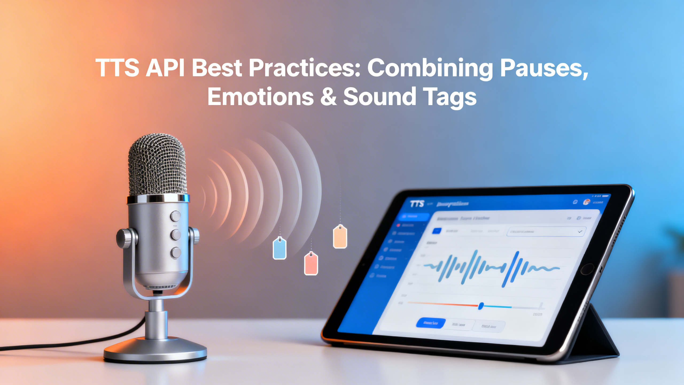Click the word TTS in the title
tap(117, 68)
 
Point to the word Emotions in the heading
tap(261, 97)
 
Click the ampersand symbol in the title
tap(328, 97)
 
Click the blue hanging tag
tap(279, 249)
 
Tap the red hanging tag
tap(311, 264)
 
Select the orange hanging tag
tap(340, 237)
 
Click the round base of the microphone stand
tap(155, 351)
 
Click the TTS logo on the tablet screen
tap(417, 204)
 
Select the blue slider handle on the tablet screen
tap(481, 306)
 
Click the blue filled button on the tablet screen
tap(431, 324)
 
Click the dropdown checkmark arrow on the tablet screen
tap(580, 232)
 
